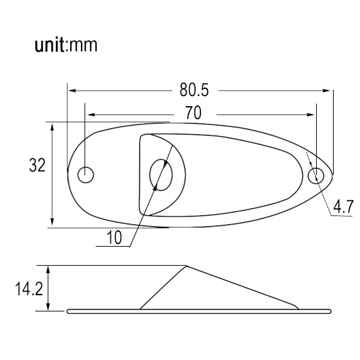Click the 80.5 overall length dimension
(x=194, y=90)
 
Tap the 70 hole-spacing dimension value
(x=193, y=113)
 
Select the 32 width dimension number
(x=37, y=166)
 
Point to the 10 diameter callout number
(x=115, y=238)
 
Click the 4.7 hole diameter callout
(x=343, y=206)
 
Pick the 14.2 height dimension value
(x=29, y=289)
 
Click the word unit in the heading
(x=50, y=45)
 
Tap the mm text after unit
(x=83, y=46)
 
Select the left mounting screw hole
(x=86, y=175)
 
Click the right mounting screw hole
(x=316, y=176)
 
